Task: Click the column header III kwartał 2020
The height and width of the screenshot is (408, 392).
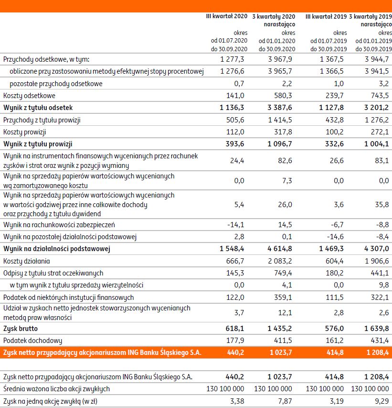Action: [x=226, y=16]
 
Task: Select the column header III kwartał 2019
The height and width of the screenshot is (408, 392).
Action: [x=326, y=16]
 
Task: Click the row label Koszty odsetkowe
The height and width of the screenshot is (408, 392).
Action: [x=29, y=96]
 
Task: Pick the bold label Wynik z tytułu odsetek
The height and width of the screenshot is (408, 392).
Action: [x=38, y=108]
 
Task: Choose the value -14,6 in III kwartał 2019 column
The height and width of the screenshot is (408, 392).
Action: [x=335, y=236]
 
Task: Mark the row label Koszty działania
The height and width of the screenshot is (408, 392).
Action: [x=26, y=261]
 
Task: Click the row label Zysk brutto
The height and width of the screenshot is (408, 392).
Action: [x=20, y=329]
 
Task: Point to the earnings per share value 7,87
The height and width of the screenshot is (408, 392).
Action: [x=286, y=400]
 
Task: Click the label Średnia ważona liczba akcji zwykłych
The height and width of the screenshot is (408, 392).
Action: [x=56, y=388]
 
